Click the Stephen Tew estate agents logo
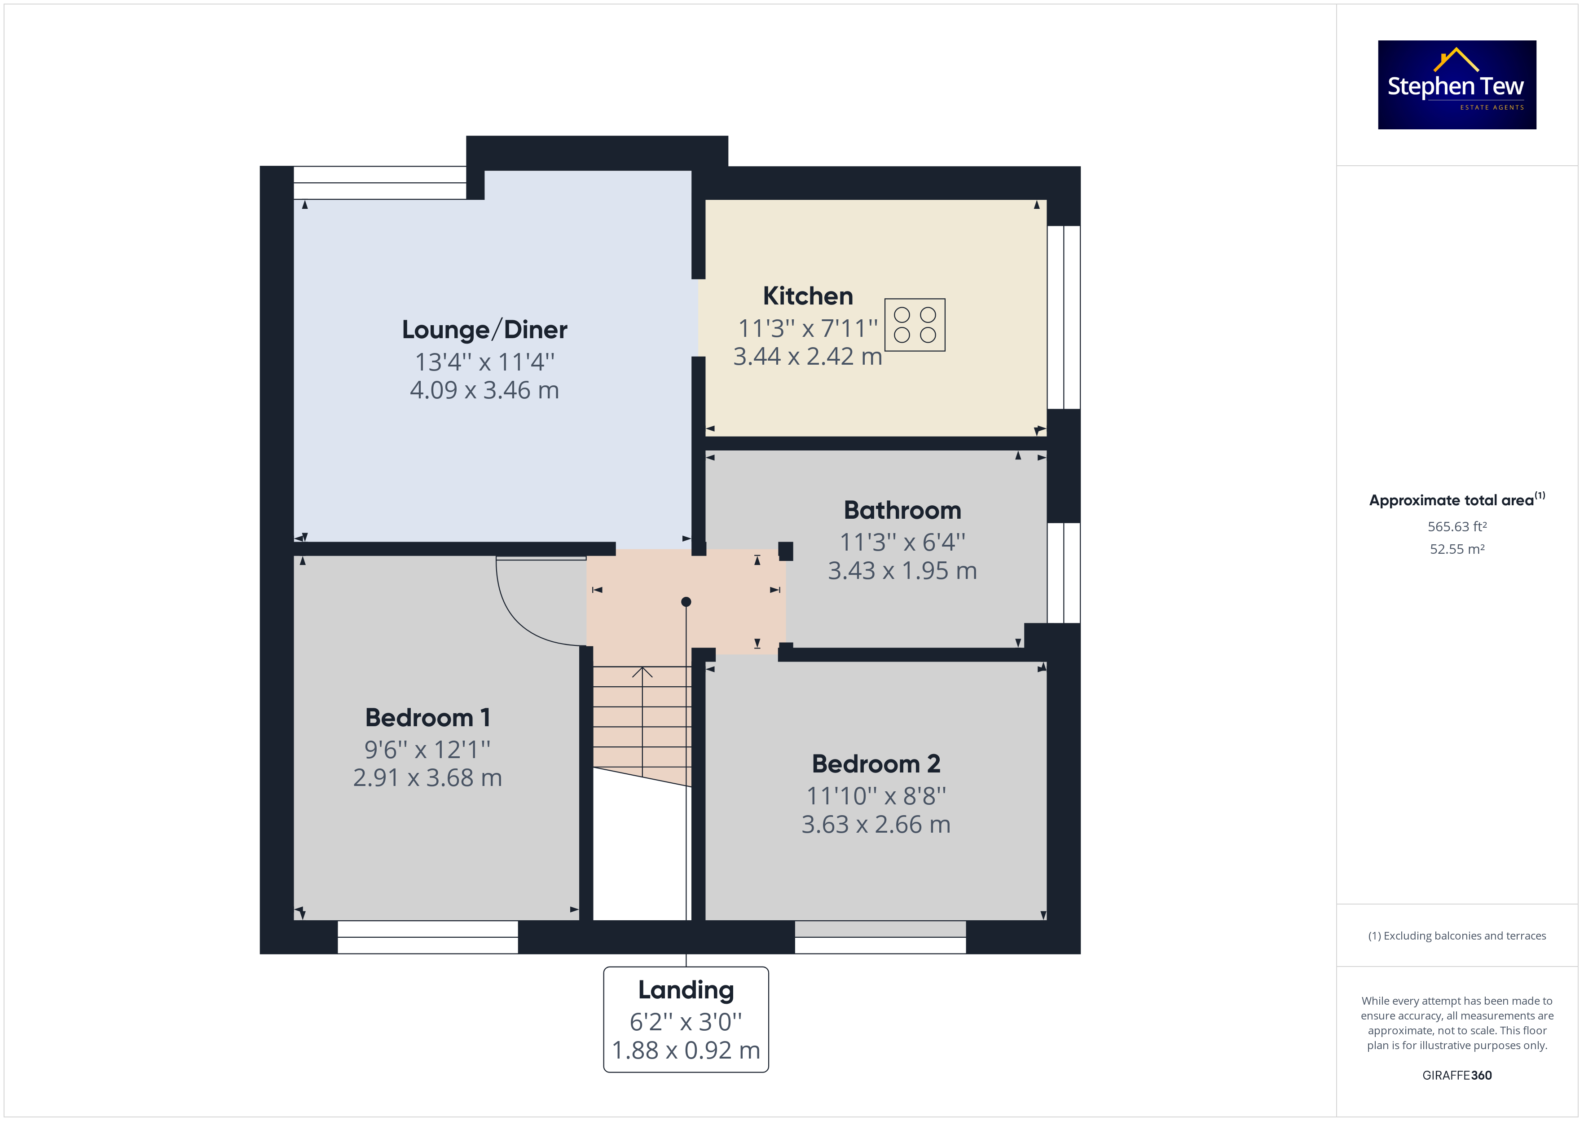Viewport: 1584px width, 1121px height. (x=1456, y=84)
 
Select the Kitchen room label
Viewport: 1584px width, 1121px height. (x=808, y=296)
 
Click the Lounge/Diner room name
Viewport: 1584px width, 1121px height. (x=484, y=330)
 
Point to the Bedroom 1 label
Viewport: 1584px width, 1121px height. (x=428, y=718)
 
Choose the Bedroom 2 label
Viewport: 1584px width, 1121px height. (x=876, y=764)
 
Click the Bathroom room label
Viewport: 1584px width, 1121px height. (x=902, y=510)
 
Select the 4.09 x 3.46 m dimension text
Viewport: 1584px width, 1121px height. (x=484, y=390)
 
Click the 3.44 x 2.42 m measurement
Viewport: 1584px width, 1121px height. (x=808, y=356)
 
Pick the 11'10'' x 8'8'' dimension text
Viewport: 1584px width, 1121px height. (x=876, y=796)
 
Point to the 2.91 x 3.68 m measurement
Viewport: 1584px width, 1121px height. (x=428, y=778)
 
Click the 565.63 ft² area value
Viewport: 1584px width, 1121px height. (x=1457, y=527)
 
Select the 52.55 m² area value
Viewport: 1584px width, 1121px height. (x=1457, y=549)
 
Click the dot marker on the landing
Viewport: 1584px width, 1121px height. (x=686, y=602)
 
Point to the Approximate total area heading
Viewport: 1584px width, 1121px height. (x=1457, y=500)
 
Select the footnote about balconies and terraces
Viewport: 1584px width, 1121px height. (x=1457, y=936)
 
